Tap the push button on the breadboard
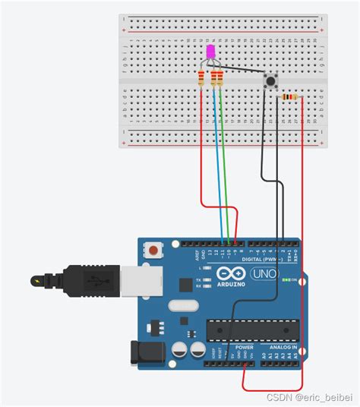pyautogui.click(x=269, y=81)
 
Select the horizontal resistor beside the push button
pyautogui.click(x=289, y=97)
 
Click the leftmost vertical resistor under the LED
pyautogui.click(x=201, y=78)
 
